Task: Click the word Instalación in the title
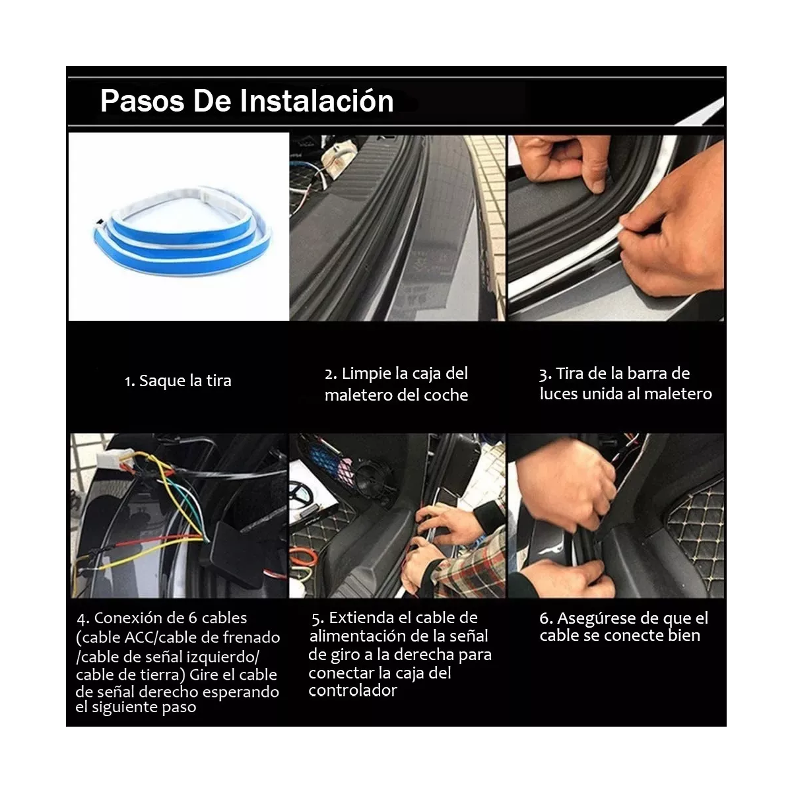(x=316, y=101)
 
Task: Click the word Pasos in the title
(x=141, y=101)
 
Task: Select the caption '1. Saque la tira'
(x=178, y=381)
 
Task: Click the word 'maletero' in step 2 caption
(x=358, y=395)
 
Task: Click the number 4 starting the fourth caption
(x=82, y=619)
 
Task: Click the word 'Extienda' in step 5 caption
(x=360, y=618)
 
